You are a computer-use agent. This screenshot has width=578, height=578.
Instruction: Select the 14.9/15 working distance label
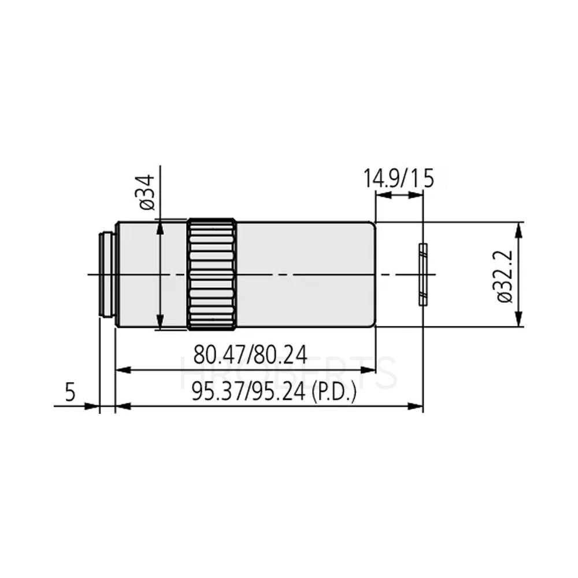click(398, 179)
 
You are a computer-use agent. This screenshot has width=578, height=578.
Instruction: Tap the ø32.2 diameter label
click(504, 275)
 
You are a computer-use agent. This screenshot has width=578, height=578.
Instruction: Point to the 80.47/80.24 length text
click(249, 354)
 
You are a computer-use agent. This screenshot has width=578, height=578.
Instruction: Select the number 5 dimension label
click(70, 392)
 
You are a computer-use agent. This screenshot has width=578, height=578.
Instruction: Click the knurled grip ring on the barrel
click(211, 274)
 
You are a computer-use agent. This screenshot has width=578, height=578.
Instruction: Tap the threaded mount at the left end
click(106, 274)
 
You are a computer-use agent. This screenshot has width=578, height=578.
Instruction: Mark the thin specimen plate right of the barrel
click(423, 274)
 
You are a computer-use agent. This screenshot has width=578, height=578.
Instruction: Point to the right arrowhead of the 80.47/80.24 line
click(370, 369)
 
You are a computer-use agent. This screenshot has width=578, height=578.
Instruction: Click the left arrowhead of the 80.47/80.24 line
click(122, 369)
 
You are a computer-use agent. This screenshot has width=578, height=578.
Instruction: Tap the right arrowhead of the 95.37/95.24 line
click(417, 406)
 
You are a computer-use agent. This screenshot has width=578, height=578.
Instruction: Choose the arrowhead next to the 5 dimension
click(93, 406)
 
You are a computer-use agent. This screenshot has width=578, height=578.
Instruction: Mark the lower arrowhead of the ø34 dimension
click(160, 324)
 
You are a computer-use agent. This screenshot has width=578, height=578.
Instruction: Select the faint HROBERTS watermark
click(289, 373)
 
